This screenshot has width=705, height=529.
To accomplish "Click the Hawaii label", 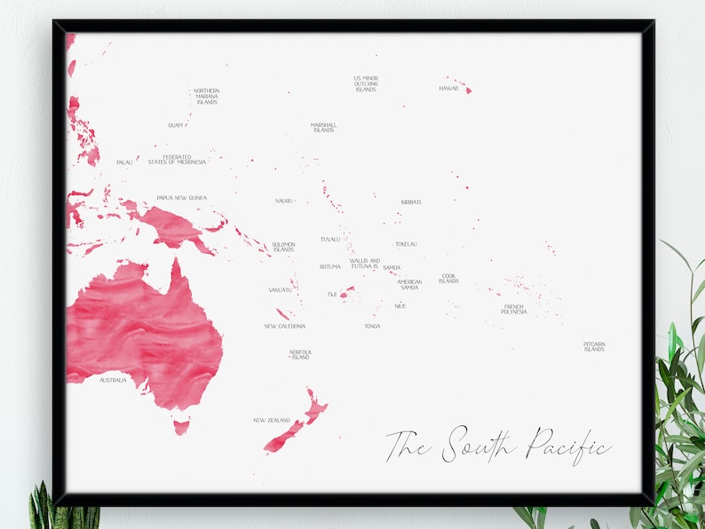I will [x=448, y=89].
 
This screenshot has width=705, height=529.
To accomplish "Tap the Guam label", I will [x=175, y=125].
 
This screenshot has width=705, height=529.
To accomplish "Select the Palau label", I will [x=124, y=162].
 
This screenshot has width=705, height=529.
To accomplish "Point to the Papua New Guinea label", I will [x=181, y=198].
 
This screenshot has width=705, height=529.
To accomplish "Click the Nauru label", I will [x=283, y=201].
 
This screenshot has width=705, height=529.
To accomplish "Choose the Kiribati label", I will [x=410, y=202].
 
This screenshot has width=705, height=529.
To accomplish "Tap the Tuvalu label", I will [x=330, y=239].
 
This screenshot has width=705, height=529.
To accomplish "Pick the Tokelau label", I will [x=406, y=244].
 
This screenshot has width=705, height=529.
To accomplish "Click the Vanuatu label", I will [x=281, y=289].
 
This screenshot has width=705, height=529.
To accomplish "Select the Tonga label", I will [x=372, y=326].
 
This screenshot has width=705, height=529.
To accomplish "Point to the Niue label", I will [x=400, y=306].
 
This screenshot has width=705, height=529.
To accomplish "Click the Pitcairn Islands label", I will [x=594, y=346].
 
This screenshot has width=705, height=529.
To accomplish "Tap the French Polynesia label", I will [x=513, y=309].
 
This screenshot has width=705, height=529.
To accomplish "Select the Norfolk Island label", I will [x=300, y=355].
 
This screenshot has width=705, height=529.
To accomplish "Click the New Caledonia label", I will [x=285, y=326].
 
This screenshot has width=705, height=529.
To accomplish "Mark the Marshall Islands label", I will [x=323, y=128].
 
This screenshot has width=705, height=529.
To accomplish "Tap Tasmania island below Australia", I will [x=181, y=427].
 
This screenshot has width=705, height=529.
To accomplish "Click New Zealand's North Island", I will [x=314, y=407].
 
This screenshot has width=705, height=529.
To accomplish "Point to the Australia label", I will [x=113, y=380].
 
